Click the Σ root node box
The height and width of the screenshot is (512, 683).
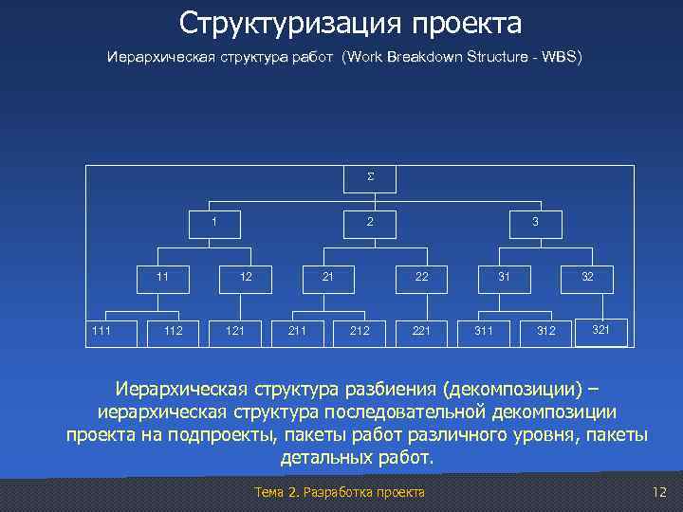pyautogui.click(x=370, y=178)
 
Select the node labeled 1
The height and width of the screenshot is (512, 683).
pyautogui.click(x=213, y=223)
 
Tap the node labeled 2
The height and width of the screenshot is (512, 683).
pyautogui.click(x=370, y=223)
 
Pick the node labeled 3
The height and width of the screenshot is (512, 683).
pyautogui.click(x=535, y=223)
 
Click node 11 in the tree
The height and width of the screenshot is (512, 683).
pyautogui.click(x=162, y=278)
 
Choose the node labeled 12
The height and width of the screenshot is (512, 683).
pyautogui.click(x=246, y=278)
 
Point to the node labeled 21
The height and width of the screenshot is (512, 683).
pyautogui.click(x=326, y=278)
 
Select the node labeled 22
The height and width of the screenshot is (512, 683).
pyautogui.click(x=421, y=278)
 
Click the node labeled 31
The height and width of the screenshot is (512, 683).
pyautogui.click(x=506, y=278)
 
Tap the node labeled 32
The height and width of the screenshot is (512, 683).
pyautogui.click(x=587, y=278)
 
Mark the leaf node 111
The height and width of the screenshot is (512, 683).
pyautogui.click(x=99, y=331)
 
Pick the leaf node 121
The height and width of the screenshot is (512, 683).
pyautogui.click(x=235, y=331)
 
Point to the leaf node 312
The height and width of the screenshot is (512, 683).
pyautogui.click(x=546, y=331)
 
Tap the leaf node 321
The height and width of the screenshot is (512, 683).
pyautogui.click(x=600, y=329)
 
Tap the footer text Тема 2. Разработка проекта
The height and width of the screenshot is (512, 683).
pyautogui.click(x=341, y=492)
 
